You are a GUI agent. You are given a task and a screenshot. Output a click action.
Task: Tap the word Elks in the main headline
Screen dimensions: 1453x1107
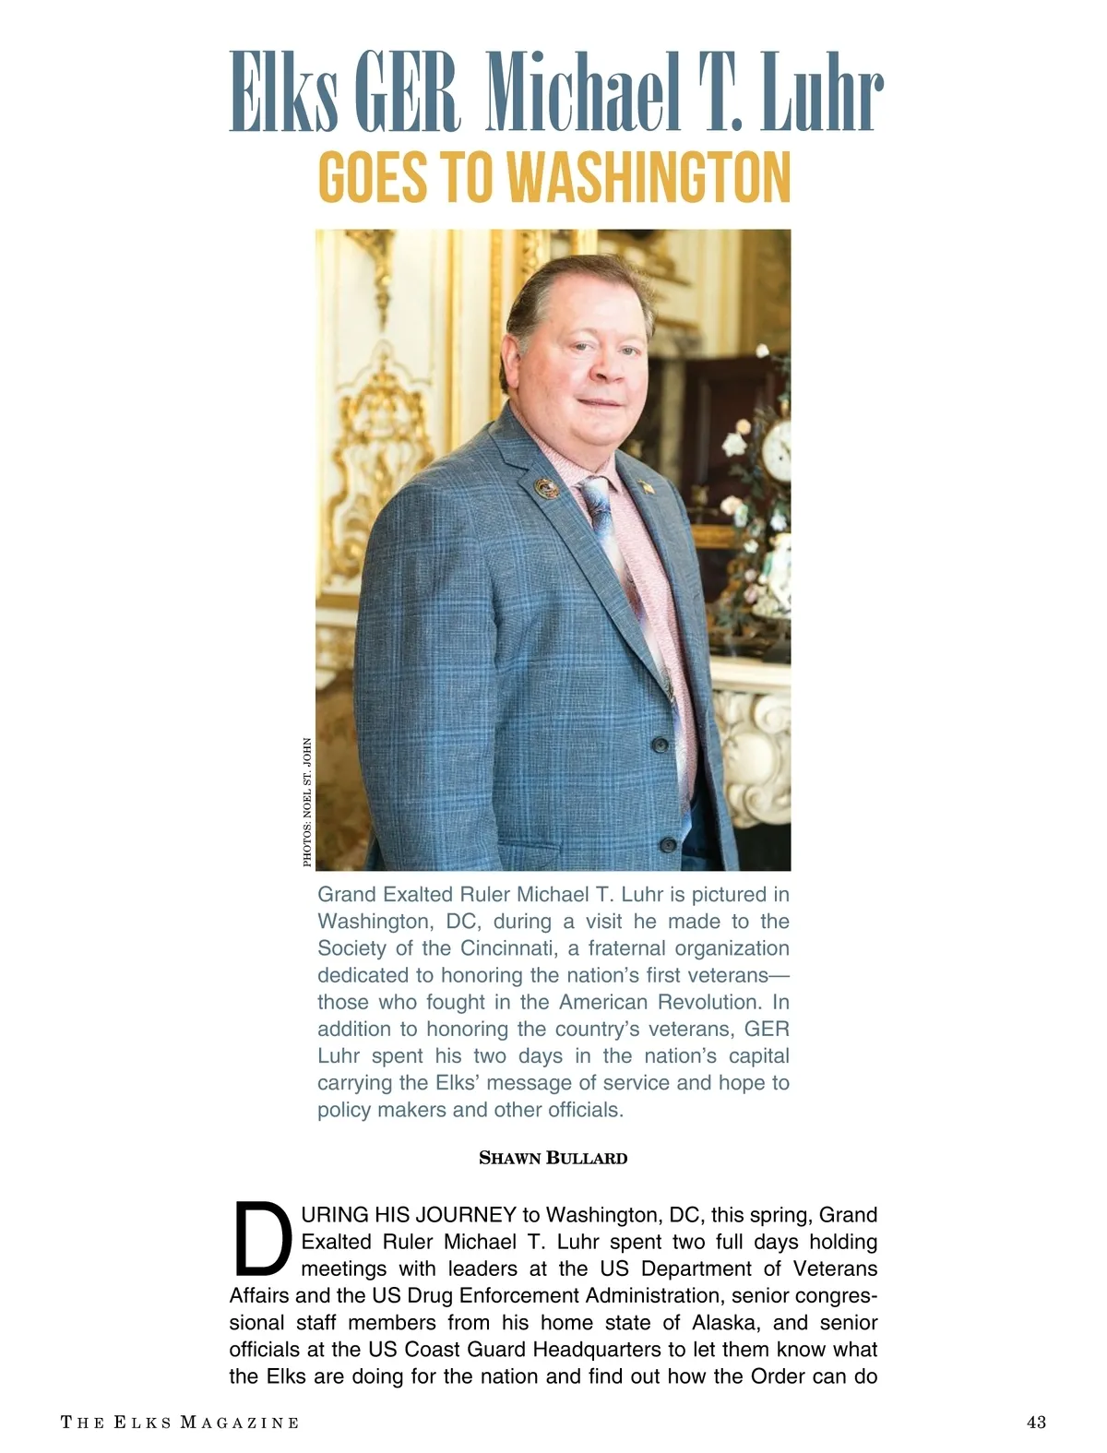tap(284, 92)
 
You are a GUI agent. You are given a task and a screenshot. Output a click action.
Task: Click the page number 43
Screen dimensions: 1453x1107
tap(1036, 1422)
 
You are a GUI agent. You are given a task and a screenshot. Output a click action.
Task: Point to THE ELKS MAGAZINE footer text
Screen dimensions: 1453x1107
tap(180, 1422)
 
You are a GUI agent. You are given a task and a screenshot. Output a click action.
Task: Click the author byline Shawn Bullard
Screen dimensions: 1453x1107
tap(553, 1158)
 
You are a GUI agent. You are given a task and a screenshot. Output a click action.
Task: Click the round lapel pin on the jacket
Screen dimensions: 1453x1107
tap(547, 488)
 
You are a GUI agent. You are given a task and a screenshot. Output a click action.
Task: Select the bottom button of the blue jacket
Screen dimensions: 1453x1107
tap(668, 842)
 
